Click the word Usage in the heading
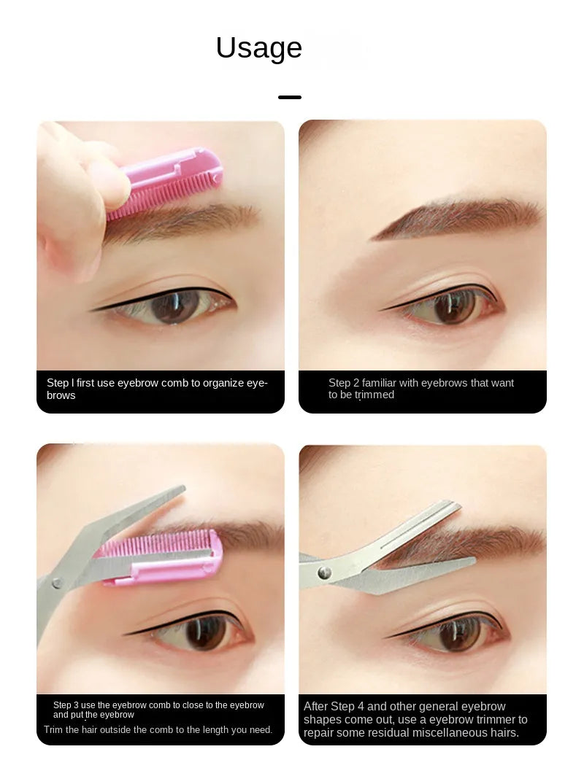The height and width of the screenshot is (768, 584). click(258, 48)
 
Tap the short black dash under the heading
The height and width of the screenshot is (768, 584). click(290, 97)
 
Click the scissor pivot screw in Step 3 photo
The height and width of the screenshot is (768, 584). click(56, 583)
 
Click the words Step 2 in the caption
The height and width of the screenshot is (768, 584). click(343, 383)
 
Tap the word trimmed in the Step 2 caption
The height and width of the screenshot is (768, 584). click(374, 395)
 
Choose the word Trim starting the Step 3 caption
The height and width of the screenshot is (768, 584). click(55, 729)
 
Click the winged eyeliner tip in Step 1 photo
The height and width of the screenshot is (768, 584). click(92, 310)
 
